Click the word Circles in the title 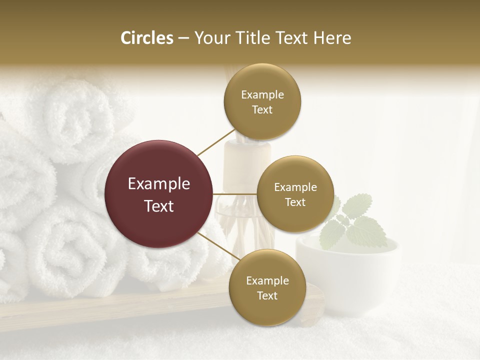(146, 38)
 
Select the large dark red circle (159, 194)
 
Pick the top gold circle (262, 102)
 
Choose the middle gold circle (295, 194)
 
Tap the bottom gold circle (267, 287)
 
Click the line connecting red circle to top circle (216, 142)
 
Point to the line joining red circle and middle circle (235, 194)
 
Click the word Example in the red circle (159, 184)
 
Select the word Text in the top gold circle (262, 110)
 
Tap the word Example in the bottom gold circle (267, 280)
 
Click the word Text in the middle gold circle (295, 202)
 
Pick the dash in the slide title (183, 38)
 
